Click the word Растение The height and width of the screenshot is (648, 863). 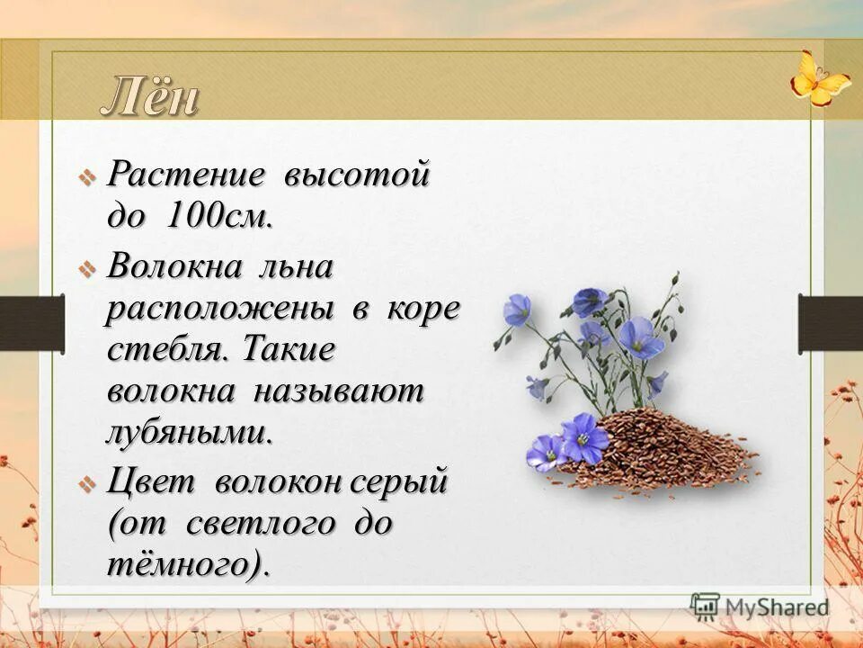point(186,174)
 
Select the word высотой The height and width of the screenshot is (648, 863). point(357,174)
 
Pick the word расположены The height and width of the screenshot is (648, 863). point(220,310)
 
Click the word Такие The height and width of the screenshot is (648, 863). point(288,349)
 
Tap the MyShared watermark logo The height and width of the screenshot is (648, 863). point(760,607)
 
